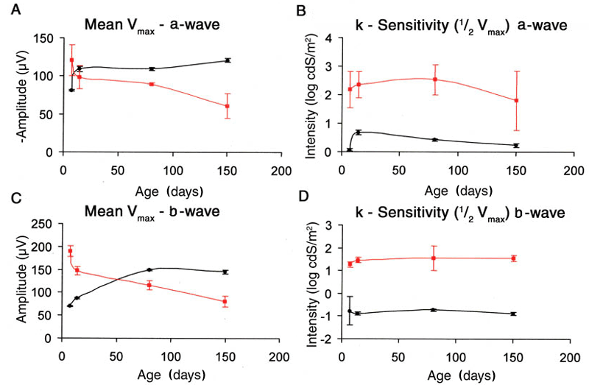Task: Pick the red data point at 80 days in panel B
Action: tap(435, 80)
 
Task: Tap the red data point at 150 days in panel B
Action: tap(517, 101)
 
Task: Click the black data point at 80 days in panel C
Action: tap(149, 270)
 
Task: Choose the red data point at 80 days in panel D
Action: tap(434, 258)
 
